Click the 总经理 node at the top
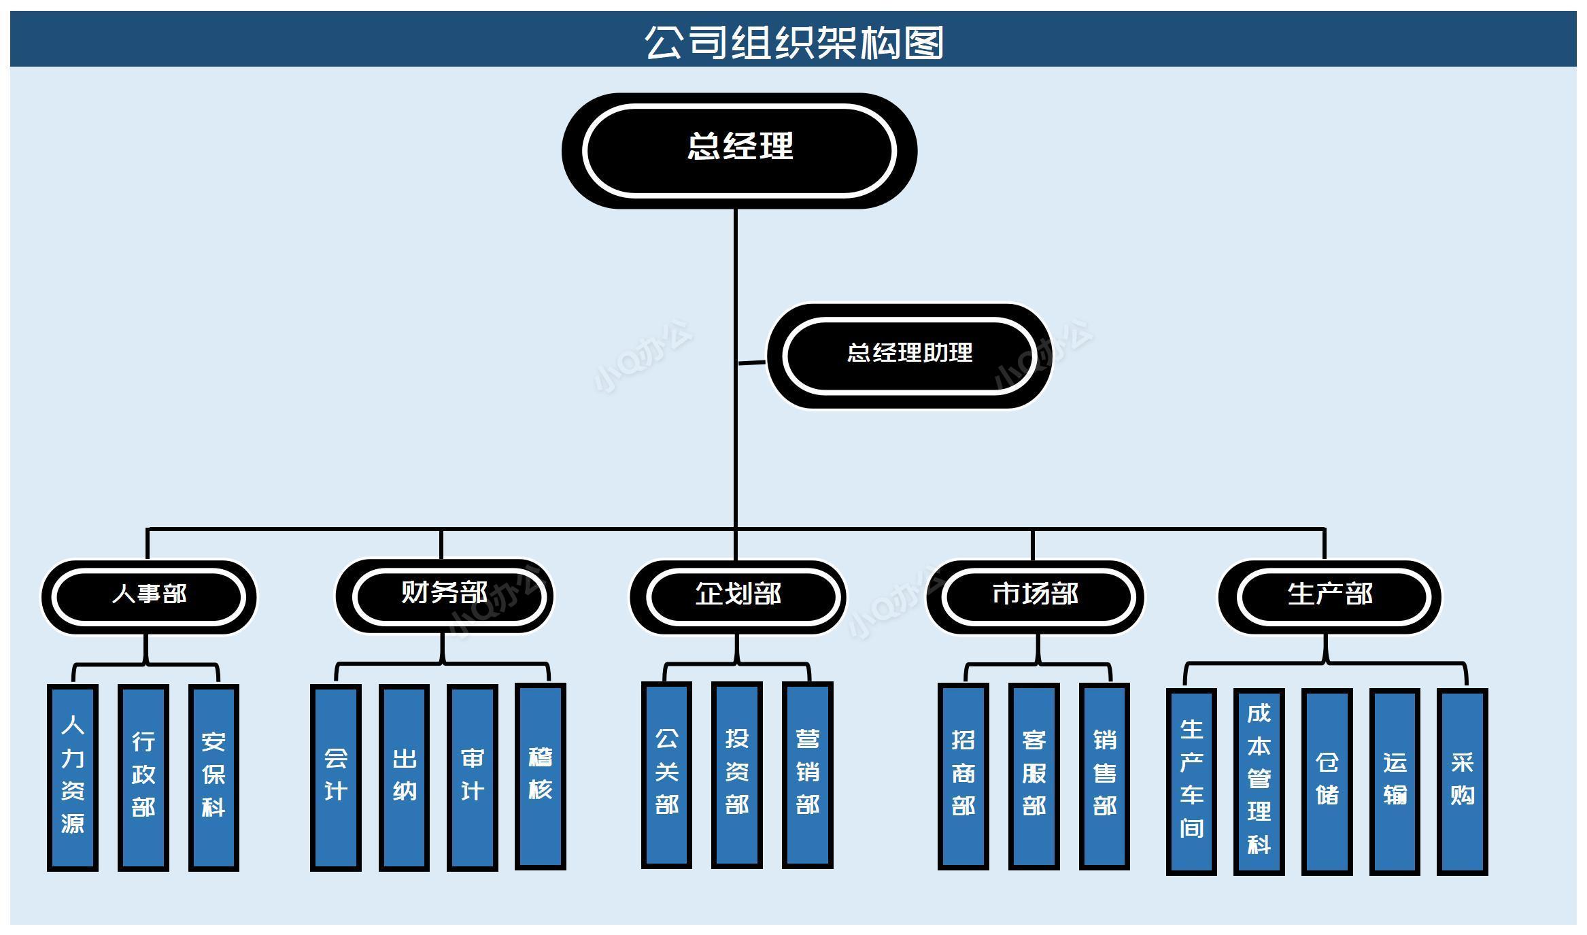coord(739,150)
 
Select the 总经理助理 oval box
coord(909,356)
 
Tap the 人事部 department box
coord(149,596)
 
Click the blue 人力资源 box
coord(73,777)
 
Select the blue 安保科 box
coord(214,777)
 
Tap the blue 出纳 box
coord(404,777)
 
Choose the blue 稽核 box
coord(541,777)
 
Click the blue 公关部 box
coord(666,775)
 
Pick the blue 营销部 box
coord(807,775)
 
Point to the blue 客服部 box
coord(1034,776)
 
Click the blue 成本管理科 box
coord(1259,781)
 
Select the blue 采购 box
coord(1462,781)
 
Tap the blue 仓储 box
coord(1327,781)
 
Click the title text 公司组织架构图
coord(793,41)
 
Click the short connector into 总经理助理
coord(752,362)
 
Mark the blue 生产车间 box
coord(1191,781)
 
